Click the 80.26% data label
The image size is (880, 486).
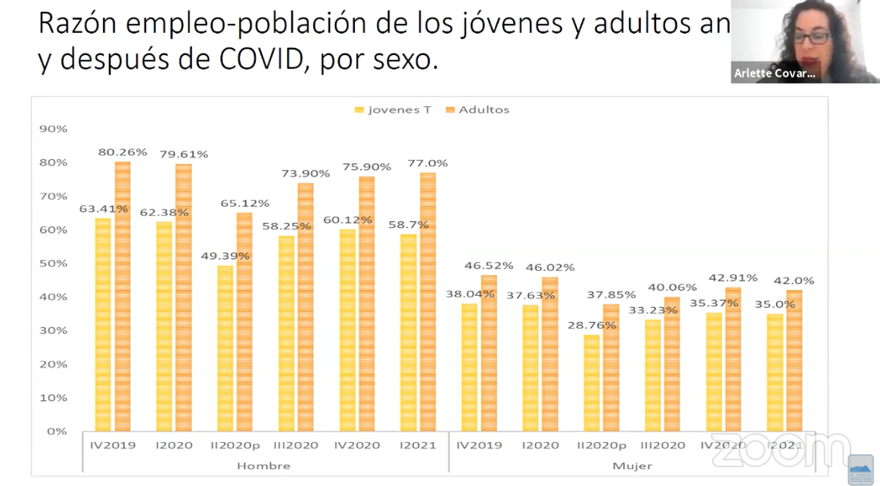(122, 152)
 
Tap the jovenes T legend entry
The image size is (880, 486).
(392, 110)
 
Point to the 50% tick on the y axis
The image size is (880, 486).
(54, 263)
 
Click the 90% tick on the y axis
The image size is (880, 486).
(54, 129)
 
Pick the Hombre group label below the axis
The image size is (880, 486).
(264, 465)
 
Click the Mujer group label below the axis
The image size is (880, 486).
(631, 465)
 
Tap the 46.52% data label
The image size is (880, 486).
(488, 265)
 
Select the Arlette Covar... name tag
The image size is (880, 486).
(774, 74)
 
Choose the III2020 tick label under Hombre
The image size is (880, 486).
(296, 445)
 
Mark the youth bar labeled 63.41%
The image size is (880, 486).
(103, 325)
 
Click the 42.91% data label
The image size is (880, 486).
(731, 278)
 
